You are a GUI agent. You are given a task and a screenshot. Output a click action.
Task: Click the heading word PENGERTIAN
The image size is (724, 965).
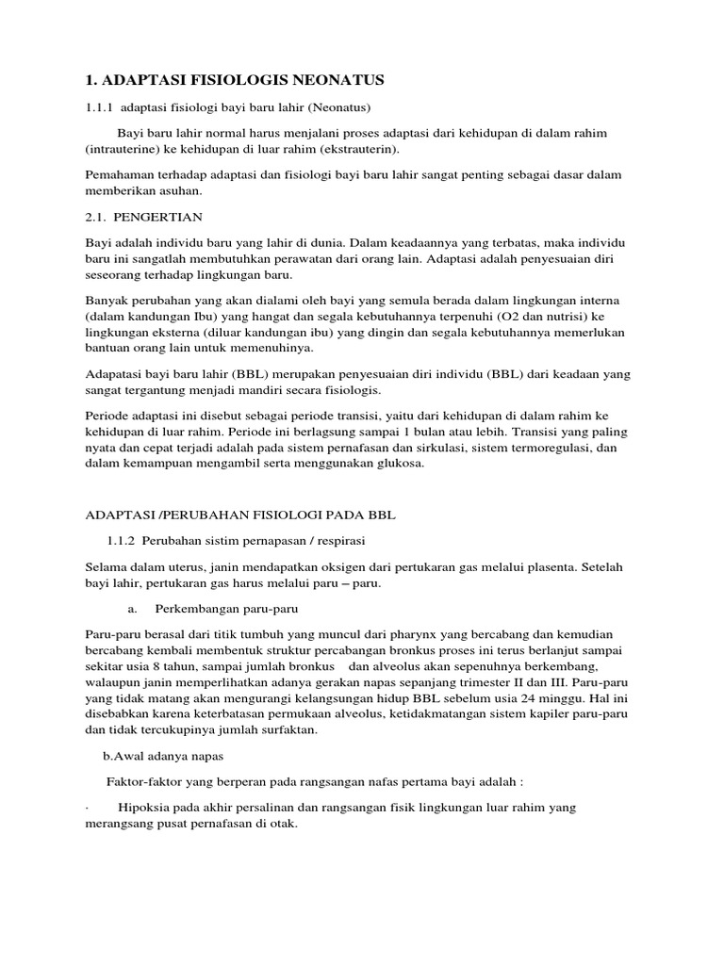click(163, 217)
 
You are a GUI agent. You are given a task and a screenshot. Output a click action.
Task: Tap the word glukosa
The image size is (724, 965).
click(399, 465)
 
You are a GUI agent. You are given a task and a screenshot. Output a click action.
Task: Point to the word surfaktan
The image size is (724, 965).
click(286, 730)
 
